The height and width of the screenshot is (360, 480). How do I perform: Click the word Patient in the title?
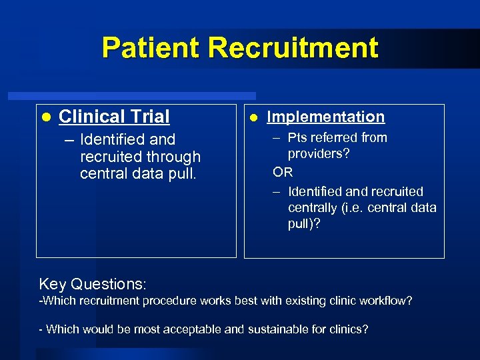click(151, 48)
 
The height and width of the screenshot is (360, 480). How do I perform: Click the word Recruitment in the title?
click(293, 48)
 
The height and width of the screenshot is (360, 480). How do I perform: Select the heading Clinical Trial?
click(114, 117)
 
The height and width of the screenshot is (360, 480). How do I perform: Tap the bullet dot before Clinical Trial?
click(45, 117)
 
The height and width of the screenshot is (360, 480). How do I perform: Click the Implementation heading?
click(325, 117)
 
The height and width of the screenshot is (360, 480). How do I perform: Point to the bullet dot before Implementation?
click(253, 117)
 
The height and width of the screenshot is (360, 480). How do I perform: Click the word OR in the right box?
click(283, 173)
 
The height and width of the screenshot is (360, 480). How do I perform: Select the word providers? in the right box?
click(319, 153)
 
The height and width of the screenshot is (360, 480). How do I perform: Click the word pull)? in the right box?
click(304, 224)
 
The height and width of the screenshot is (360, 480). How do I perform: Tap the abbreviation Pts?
click(298, 137)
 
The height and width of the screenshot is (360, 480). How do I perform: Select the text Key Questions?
click(93, 284)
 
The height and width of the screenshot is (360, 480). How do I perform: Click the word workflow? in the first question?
click(386, 301)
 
